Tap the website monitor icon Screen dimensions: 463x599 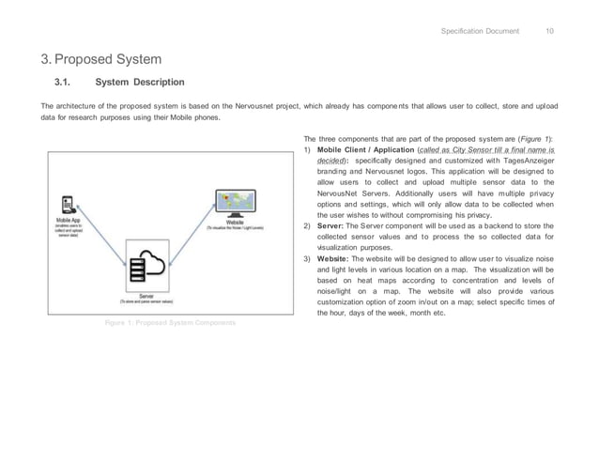point(235,204)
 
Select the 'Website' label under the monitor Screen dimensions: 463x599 point(235,222)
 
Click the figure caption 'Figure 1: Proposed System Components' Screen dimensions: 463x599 point(170,322)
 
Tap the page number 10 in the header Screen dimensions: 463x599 point(549,31)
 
